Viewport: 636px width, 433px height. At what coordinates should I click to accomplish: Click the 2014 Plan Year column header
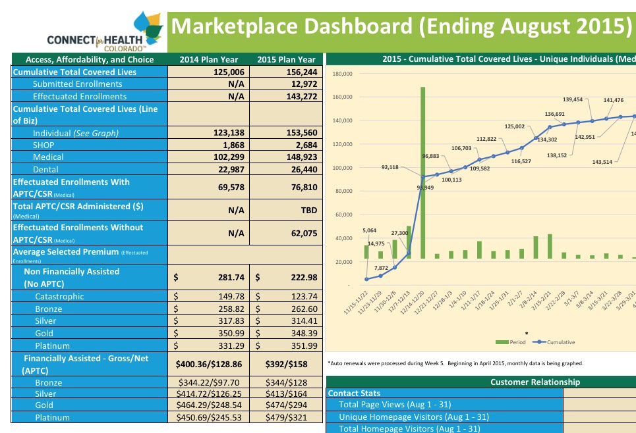click(209, 60)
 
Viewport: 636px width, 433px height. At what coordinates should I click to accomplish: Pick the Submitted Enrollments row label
click(77, 84)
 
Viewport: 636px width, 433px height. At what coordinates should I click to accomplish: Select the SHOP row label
click(43, 145)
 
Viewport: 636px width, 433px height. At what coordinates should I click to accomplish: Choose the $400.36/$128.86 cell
click(208, 363)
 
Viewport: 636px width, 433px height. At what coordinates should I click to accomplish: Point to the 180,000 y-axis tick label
click(343, 74)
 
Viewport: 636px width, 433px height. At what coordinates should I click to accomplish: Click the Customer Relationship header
click(535, 382)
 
